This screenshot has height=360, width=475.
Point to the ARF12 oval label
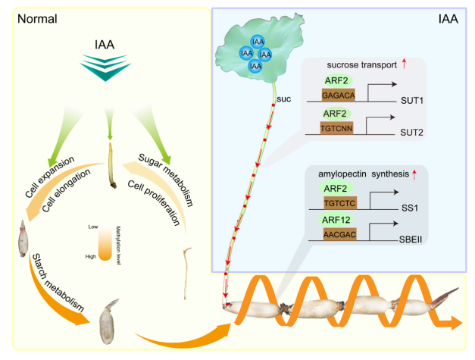pos(328,220)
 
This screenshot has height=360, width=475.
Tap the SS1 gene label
pos(410,207)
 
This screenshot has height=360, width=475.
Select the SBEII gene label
pos(414,238)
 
